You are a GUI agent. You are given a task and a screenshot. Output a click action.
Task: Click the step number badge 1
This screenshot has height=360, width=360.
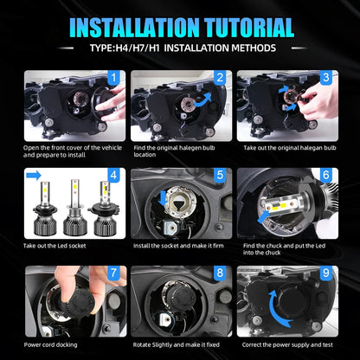[x=113, y=78]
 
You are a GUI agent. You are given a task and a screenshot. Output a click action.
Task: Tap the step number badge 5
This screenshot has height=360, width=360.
[x=220, y=175]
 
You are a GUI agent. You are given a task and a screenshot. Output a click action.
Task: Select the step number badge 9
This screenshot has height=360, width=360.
[x=326, y=273]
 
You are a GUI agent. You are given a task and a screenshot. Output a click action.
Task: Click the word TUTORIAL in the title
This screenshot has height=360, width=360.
[x=249, y=28]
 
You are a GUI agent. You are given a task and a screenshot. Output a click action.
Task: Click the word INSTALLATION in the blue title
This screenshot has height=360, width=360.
[x=134, y=28]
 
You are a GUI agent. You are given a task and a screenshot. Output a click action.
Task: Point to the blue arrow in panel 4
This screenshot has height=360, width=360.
[x=34, y=176]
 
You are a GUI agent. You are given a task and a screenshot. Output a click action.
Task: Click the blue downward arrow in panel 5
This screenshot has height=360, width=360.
[x=163, y=198]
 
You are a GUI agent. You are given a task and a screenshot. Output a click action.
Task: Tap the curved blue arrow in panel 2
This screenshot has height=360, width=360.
[x=203, y=99]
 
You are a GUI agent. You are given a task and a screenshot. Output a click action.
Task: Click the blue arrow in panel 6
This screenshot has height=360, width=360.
[x=264, y=216]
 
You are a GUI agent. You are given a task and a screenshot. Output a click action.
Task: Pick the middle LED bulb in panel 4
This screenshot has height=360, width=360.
[x=74, y=207]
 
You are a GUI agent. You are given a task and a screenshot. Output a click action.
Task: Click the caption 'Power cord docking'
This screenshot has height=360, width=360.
[x=50, y=344]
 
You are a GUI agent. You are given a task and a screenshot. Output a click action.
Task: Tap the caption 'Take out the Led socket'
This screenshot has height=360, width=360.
[x=55, y=246]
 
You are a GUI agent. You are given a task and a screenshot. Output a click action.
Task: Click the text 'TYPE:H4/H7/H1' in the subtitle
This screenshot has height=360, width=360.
[x=125, y=48]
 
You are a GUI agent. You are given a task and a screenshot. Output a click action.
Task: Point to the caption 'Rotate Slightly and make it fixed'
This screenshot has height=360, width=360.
[x=176, y=344]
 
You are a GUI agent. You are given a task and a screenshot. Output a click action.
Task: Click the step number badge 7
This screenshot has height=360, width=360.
[x=113, y=273]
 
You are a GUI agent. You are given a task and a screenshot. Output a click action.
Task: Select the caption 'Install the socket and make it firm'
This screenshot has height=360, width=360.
[x=178, y=246]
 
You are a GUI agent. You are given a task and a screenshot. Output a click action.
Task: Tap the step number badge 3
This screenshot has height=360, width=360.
[x=326, y=78]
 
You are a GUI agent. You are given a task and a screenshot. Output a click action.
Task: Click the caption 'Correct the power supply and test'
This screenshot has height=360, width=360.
[x=287, y=344]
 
